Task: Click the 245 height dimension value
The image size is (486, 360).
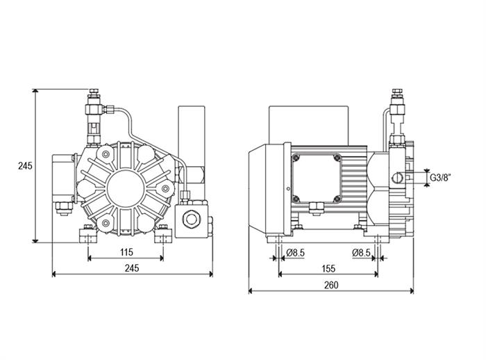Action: click(25, 166)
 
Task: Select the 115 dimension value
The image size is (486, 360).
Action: click(126, 252)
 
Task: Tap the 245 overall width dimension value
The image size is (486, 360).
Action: click(132, 268)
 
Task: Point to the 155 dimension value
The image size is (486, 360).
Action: click(328, 268)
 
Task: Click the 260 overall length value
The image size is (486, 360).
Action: click(331, 285)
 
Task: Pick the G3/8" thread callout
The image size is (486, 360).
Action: click(440, 178)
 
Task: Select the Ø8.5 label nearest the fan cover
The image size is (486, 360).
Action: click(295, 253)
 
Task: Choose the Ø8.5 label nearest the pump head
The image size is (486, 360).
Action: click(361, 253)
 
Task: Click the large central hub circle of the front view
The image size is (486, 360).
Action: click(126, 188)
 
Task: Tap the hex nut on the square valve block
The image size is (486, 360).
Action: click(190, 219)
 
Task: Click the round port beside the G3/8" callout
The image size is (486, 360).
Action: click(397, 178)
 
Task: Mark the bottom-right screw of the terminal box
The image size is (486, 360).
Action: click(337, 199)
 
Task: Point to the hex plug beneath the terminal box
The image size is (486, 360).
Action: click(317, 208)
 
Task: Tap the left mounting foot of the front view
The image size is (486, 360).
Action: click(88, 235)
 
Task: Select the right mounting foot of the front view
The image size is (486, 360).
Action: click(163, 235)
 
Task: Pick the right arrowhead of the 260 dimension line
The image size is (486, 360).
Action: click(412, 291)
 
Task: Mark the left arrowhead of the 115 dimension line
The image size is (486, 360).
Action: click(90, 259)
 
